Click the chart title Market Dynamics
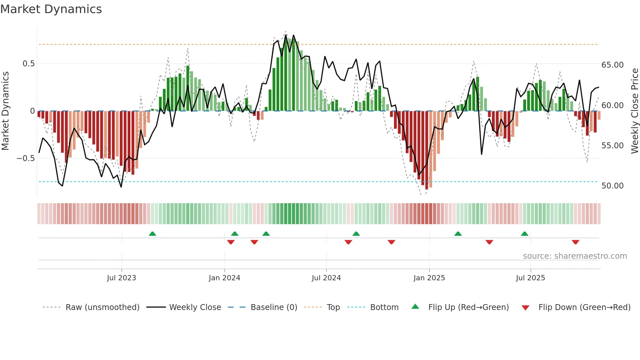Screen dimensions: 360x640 point(51,9)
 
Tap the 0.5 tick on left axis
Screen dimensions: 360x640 point(28,64)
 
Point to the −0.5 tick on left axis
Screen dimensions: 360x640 point(26,158)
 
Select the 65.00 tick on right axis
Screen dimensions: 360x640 point(612,65)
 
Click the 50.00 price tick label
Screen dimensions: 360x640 point(612,186)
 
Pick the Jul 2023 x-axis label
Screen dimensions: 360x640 point(121,278)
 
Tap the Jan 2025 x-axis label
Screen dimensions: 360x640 point(429,278)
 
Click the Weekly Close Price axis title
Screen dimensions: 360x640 point(634,111)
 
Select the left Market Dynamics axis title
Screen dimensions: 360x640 point(5,111)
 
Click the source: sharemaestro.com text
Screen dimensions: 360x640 point(575,256)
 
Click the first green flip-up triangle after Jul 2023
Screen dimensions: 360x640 point(152,234)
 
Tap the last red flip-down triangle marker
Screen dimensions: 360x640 point(575,242)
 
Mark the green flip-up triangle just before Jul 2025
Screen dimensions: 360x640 point(524,234)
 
